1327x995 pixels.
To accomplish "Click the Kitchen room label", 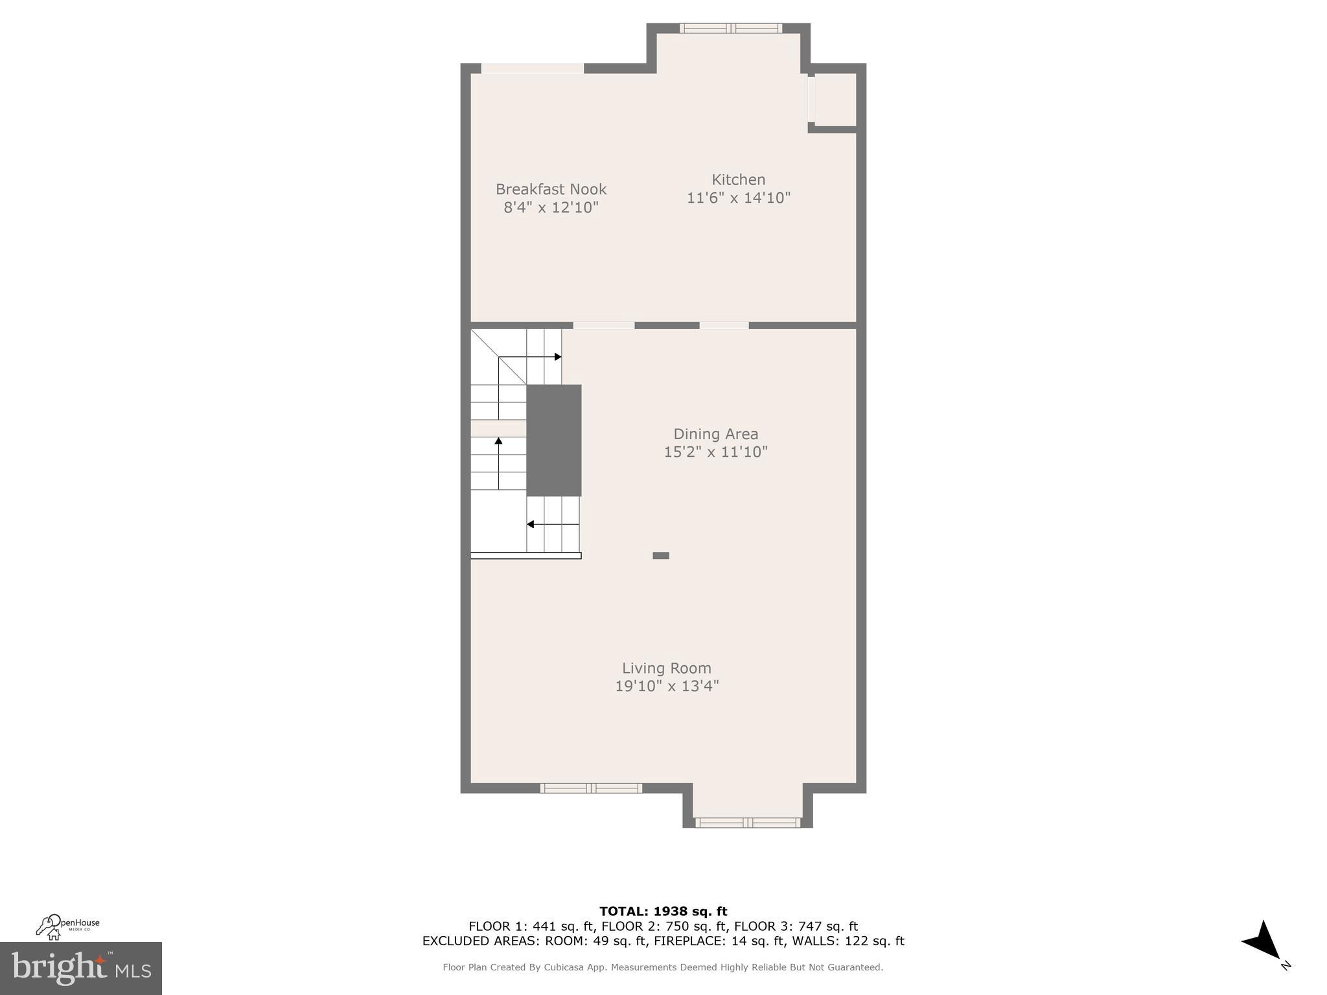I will coord(738,179).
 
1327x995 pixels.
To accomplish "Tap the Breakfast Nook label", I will coord(551,189).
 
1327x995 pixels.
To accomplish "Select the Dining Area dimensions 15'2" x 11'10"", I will coord(715,452).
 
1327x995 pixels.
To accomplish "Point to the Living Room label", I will coord(667,668).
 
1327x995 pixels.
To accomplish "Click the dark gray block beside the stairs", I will coord(553,440).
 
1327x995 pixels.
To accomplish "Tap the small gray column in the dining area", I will coord(660,555).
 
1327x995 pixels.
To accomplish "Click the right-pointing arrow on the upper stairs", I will coord(557,357).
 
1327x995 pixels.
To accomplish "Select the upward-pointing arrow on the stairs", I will coord(498,442).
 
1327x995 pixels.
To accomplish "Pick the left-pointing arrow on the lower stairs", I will coord(531,524).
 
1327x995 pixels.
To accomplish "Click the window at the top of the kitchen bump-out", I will coord(730,28).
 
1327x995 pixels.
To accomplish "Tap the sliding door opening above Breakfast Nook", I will coord(532,68).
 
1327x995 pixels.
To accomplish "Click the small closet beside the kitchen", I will coord(835,100).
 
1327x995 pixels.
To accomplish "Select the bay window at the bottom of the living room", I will coord(748,823).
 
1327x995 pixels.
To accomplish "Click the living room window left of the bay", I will coord(591,788).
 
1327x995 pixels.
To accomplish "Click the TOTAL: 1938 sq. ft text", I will coord(663,911).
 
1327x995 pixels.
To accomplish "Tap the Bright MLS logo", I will coord(80,968).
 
